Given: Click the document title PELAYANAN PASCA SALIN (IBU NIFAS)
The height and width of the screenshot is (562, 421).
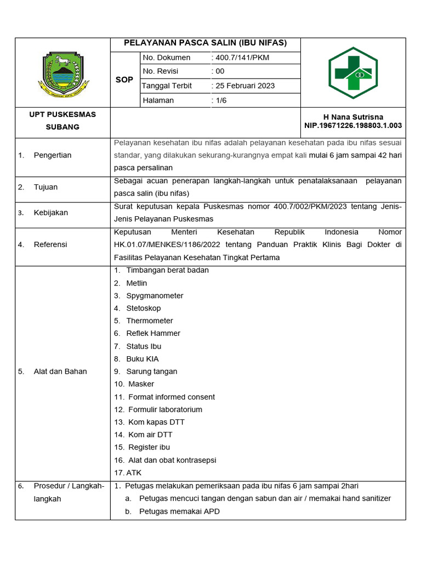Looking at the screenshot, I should click(205, 43).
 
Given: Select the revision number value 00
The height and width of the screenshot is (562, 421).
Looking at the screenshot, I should click(220, 71).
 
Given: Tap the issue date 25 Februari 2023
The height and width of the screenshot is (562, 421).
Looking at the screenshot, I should click(245, 86).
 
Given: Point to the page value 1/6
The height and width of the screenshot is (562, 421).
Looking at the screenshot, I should click(222, 100).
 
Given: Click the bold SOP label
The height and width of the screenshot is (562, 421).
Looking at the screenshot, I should click(124, 80).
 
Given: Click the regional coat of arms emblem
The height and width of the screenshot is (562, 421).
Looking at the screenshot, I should click(62, 74).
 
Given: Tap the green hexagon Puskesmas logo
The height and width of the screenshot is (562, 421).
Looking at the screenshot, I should click(353, 73).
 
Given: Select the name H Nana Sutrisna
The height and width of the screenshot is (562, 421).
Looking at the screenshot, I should click(353, 117).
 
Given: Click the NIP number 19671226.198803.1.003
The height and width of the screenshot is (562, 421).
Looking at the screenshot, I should click(353, 126).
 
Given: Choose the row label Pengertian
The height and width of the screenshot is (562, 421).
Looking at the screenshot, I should click(53, 155).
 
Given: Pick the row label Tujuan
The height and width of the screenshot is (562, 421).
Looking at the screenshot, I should click(45, 187).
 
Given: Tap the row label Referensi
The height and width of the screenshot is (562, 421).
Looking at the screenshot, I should click(50, 245).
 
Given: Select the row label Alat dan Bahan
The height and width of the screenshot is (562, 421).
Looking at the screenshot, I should click(60, 372).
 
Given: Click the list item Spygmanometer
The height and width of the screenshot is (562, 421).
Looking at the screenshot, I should click(155, 296).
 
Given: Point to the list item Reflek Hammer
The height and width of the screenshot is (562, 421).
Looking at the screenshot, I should click(153, 334).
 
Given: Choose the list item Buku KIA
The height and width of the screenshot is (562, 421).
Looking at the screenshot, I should click(143, 359).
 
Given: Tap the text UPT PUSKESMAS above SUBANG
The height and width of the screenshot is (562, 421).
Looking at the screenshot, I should click(62, 115).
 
